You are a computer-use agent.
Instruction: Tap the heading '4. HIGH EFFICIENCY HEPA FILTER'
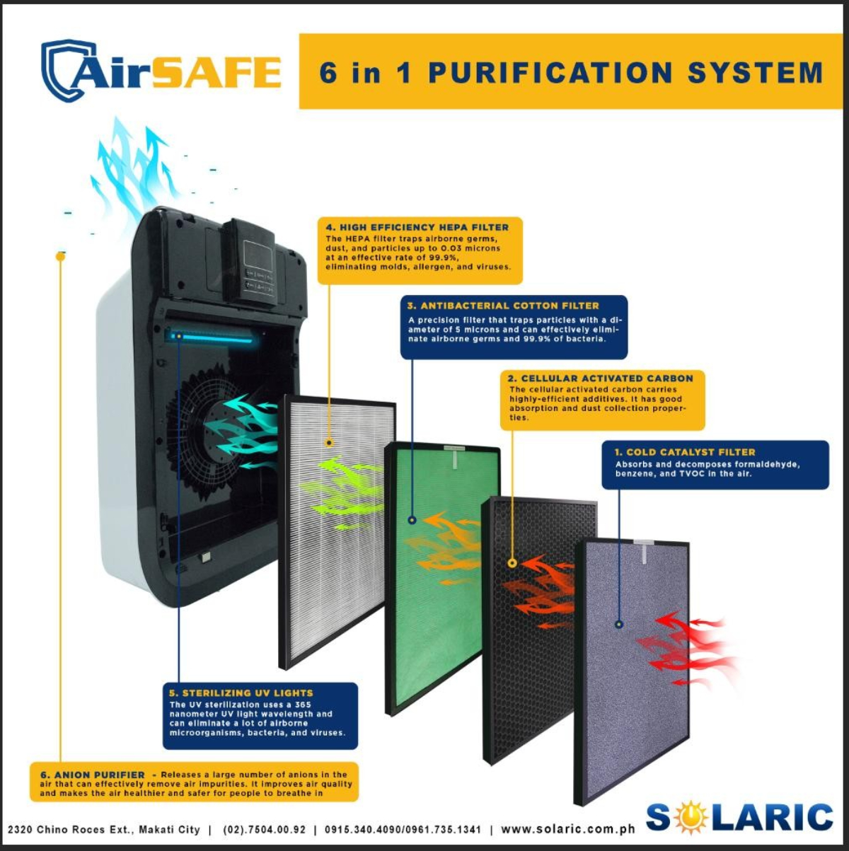click(x=417, y=228)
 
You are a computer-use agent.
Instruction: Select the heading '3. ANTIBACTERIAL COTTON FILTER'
click(x=503, y=306)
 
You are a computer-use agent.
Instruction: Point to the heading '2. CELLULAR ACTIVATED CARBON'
click(x=600, y=378)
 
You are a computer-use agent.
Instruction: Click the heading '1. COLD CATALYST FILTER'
click(x=684, y=452)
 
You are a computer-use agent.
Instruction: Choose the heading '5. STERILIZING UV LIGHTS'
click(x=241, y=693)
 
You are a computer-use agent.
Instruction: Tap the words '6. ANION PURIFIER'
click(x=93, y=775)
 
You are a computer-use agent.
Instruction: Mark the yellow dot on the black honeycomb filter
click(x=513, y=564)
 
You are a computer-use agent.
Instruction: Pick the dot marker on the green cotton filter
click(x=412, y=520)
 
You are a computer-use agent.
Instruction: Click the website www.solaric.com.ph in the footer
click(x=567, y=829)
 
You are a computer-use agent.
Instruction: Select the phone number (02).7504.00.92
click(x=264, y=829)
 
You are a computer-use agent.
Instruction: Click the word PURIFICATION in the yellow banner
click(x=550, y=74)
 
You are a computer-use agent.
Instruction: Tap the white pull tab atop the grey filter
click(x=644, y=552)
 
